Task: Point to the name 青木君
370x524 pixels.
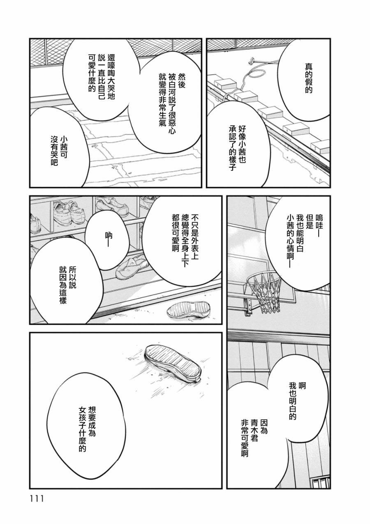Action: point(254,430)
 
